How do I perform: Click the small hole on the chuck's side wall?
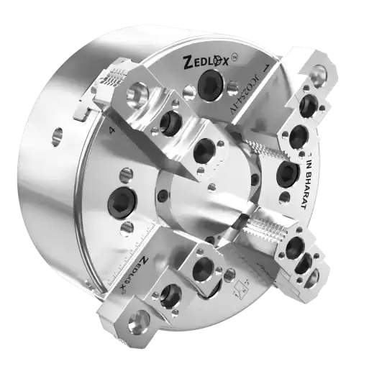pyautogui.click(x=56, y=132)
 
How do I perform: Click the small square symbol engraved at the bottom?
pyautogui.click(x=238, y=289)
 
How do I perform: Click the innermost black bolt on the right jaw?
pyautogui.click(x=286, y=173)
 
